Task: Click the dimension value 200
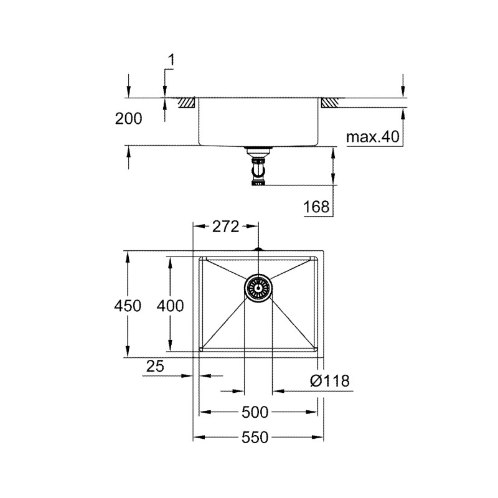(129, 119)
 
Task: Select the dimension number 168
(316, 207)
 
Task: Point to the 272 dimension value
(225, 227)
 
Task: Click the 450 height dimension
(128, 306)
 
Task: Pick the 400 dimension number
(169, 306)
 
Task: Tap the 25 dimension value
(155, 366)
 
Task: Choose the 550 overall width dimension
(255, 438)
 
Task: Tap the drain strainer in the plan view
(258, 288)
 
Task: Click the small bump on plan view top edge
(258, 250)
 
